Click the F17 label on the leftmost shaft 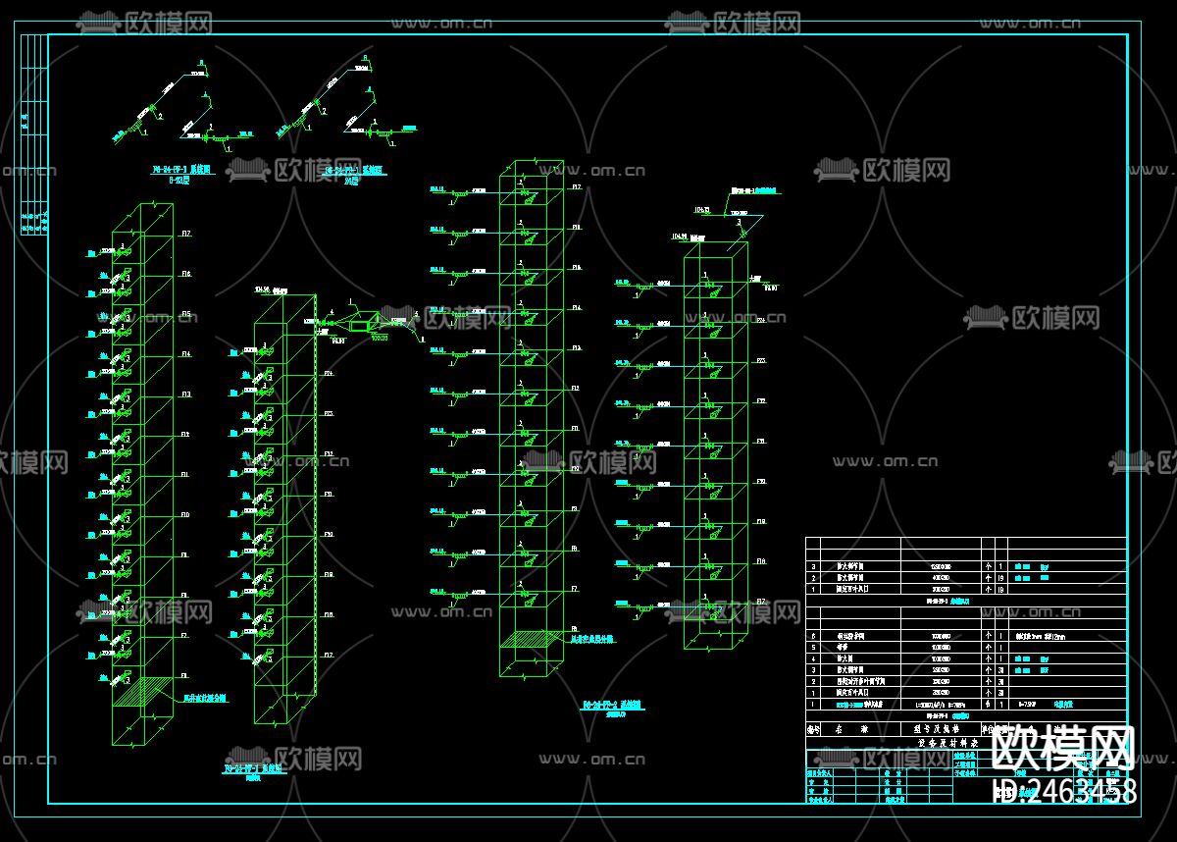tap(185, 233)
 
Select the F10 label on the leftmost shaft tap(185, 514)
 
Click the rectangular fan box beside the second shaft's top tap(359, 322)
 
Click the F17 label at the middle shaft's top tap(577, 186)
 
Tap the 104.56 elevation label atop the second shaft tap(262, 289)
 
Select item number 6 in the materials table tap(811, 636)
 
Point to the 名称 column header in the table tap(851, 729)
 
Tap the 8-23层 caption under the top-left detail tap(179, 181)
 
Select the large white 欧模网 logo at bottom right tap(1064, 749)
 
